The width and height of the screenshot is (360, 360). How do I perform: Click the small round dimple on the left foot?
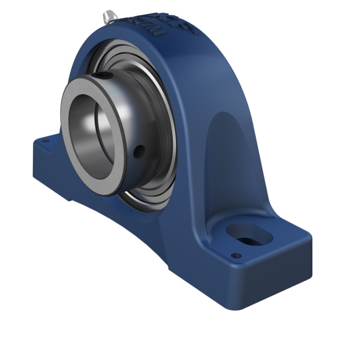coord(45,140)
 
